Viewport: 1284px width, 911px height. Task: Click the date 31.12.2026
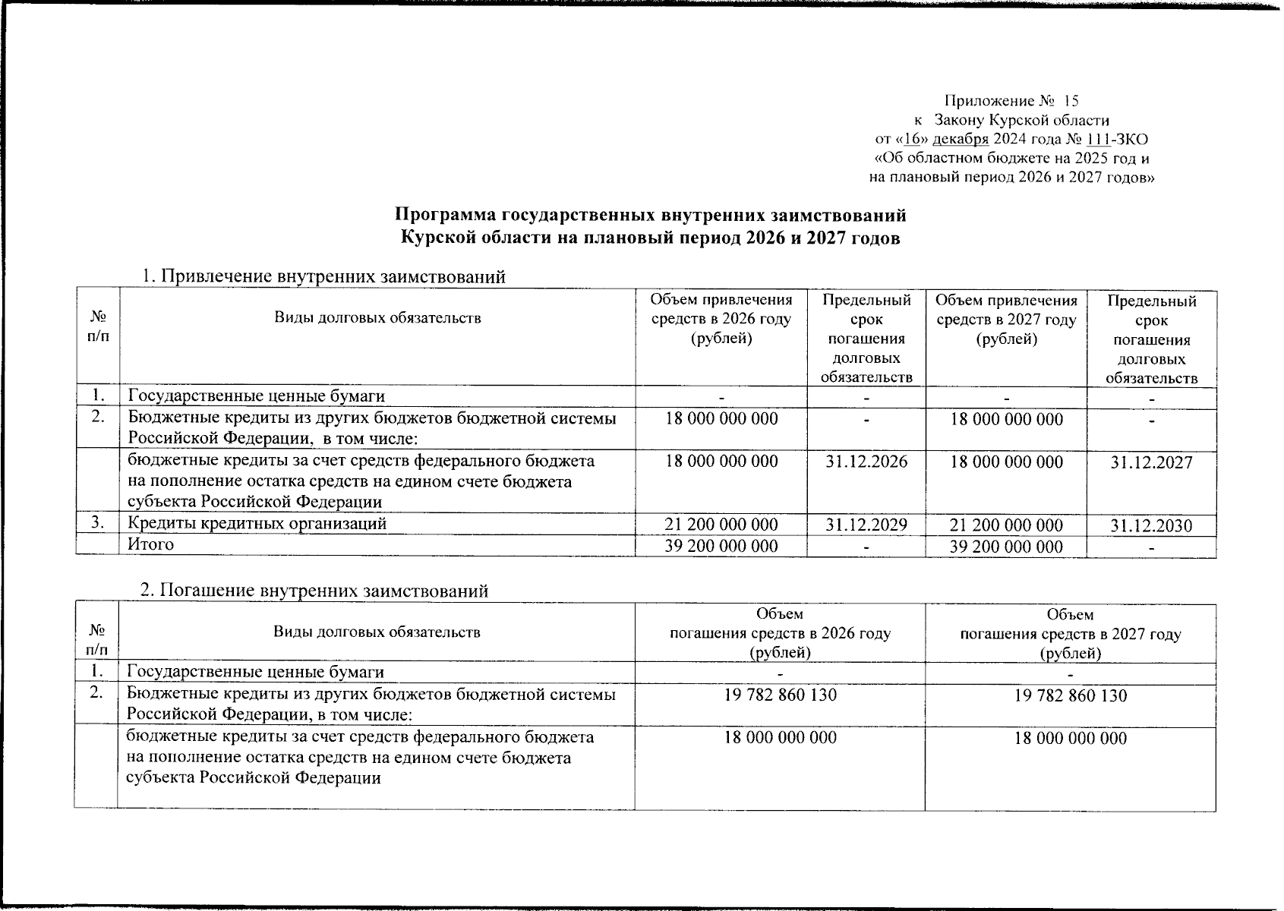click(x=866, y=462)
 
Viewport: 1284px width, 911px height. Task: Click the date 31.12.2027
click(x=1151, y=462)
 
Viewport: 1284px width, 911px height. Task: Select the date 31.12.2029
click(x=866, y=525)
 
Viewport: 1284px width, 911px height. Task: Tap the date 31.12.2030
click(x=1151, y=525)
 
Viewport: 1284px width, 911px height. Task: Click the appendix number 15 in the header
click(x=1071, y=101)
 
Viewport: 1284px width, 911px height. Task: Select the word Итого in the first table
click(x=150, y=544)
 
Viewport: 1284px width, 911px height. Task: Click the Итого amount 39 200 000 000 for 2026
click(x=721, y=546)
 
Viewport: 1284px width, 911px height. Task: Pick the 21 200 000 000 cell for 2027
click(x=1006, y=525)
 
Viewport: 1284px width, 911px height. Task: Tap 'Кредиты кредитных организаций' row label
click(x=257, y=523)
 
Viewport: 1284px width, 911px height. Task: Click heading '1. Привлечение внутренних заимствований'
click(x=324, y=277)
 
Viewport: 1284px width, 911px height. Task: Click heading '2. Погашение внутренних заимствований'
click(x=315, y=591)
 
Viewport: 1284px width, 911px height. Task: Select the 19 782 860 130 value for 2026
click(x=781, y=695)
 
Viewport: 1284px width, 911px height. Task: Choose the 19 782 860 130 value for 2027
click(x=1071, y=695)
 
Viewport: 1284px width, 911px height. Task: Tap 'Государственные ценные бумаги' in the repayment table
click(x=255, y=672)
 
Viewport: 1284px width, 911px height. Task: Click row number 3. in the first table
click(x=96, y=523)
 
